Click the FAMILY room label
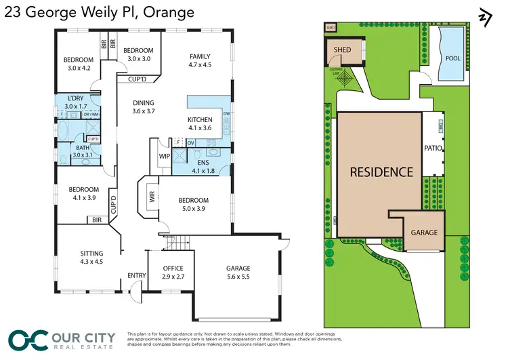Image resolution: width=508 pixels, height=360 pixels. click(x=200, y=57)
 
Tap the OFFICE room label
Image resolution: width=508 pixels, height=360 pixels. click(x=165, y=268)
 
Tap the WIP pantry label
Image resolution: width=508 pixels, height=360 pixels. click(x=164, y=157)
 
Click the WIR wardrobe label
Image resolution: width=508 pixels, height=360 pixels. click(x=150, y=199)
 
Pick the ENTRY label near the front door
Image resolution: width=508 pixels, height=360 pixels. click(x=136, y=275)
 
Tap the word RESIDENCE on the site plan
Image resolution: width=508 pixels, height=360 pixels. click(x=381, y=172)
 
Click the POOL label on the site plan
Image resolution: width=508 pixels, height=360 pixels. click(x=452, y=58)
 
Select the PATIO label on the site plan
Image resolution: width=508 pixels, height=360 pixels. click(x=433, y=148)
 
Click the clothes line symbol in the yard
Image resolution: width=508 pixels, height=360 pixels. click(x=347, y=79)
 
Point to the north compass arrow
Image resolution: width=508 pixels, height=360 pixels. click(x=484, y=17)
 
